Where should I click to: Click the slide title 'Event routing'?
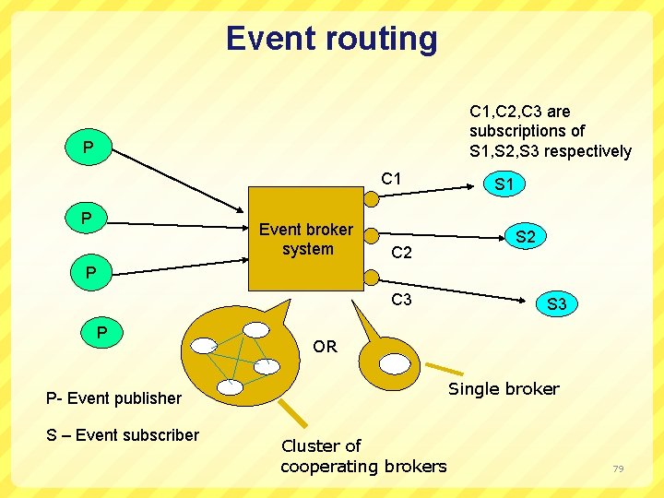(x=332, y=39)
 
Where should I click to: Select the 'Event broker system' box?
(x=306, y=239)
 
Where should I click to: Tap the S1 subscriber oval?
(x=504, y=184)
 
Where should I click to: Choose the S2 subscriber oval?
(x=525, y=237)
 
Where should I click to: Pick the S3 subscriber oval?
(x=556, y=302)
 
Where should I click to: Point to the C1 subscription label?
(x=392, y=179)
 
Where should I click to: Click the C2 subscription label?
(x=402, y=253)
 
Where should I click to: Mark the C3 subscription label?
(x=401, y=300)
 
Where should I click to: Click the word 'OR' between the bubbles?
(x=325, y=347)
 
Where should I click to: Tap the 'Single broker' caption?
(x=504, y=389)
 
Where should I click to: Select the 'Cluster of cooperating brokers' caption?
(x=362, y=456)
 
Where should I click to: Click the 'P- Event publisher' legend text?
(x=113, y=398)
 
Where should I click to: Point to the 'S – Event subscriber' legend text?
(x=123, y=435)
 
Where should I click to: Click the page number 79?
(x=618, y=469)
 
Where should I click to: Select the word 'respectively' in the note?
(x=587, y=151)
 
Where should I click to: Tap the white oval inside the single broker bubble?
(x=395, y=363)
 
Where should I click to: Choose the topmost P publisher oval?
(x=88, y=148)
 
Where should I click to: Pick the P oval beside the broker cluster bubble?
(x=102, y=331)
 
